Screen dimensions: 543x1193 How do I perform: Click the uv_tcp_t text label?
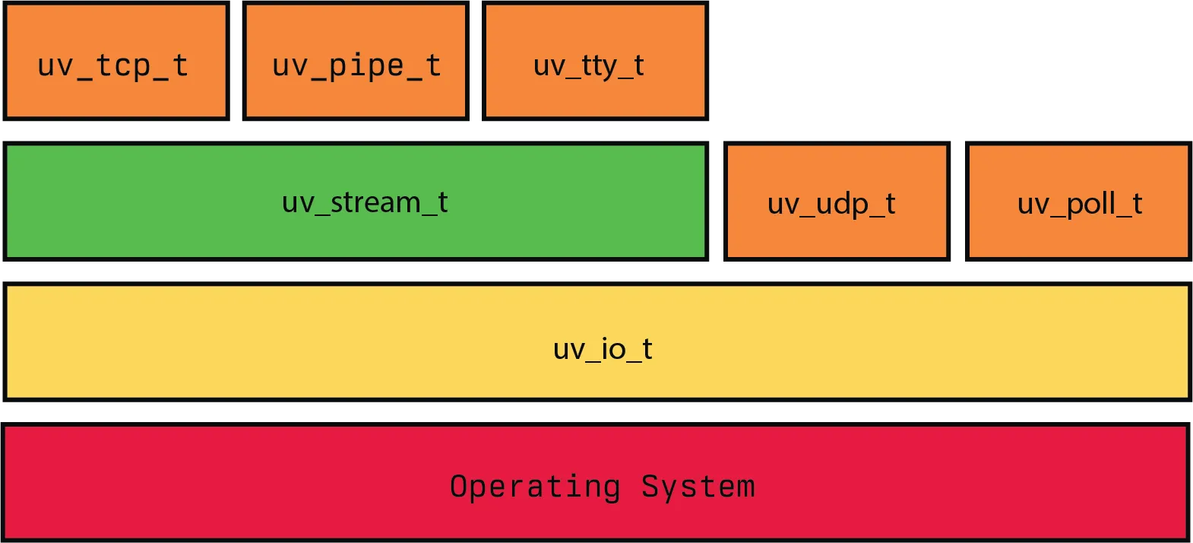click(x=112, y=66)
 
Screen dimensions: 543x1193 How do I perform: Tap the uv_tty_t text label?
click(x=589, y=66)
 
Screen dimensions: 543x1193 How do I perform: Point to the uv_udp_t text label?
click(x=831, y=204)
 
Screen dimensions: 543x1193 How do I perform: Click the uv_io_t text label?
click(x=603, y=349)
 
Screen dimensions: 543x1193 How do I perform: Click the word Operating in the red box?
click(x=535, y=487)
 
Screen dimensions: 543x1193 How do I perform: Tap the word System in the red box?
click(x=698, y=487)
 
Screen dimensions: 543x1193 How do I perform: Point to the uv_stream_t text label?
click(x=365, y=202)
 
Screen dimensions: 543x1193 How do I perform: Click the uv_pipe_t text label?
click(x=356, y=66)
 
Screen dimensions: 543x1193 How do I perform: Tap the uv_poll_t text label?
click(x=1080, y=204)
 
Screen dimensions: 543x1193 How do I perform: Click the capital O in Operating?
click(x=458, y=486)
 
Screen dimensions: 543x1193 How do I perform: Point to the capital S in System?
click(x=650, y=486)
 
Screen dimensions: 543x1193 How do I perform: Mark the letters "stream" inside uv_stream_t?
click(x=375, y=202)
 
